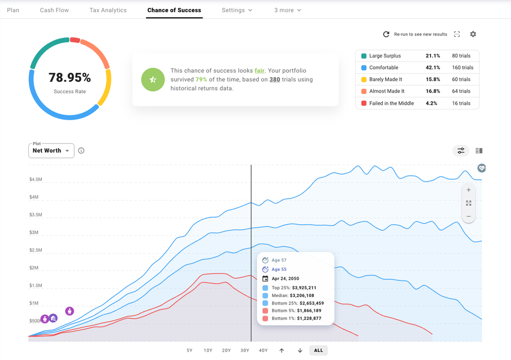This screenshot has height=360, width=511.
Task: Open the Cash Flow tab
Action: click(54, 10)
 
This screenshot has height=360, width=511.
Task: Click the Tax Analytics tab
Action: click(108, 10)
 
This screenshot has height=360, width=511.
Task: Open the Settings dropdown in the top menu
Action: click(237, 10)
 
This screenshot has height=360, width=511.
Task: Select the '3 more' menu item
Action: click(287, 10)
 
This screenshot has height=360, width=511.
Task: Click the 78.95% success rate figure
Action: click(70, 78)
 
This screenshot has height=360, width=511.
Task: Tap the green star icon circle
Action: click(152, 80)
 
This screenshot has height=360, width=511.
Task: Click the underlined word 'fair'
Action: click(260, 71)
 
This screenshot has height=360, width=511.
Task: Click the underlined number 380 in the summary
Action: click(274, 80)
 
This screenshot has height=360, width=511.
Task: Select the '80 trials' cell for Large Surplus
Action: click(462, 56)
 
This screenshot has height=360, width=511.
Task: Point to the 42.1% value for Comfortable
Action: click(433, 68)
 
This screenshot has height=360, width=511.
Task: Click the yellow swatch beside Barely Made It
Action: click(364, 80)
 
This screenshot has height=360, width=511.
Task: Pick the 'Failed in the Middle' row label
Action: click(391, 103)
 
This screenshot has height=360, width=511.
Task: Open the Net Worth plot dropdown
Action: click(51, 151)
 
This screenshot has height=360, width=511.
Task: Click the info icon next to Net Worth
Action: click(81, 151)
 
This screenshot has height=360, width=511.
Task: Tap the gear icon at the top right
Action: click(473, 34)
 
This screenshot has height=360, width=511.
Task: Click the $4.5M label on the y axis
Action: click(36, 180)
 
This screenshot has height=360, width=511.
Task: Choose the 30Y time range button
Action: click(245, 351)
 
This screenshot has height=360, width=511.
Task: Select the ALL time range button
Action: click(318, 351)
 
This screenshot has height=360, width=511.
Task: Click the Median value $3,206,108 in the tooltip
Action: click(297, 296)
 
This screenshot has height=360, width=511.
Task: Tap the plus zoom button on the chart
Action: click(468, 190)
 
